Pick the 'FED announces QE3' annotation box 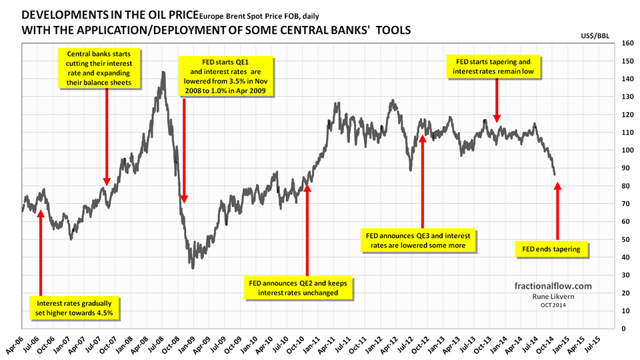(422, 241)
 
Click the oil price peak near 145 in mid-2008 (163, 72)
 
